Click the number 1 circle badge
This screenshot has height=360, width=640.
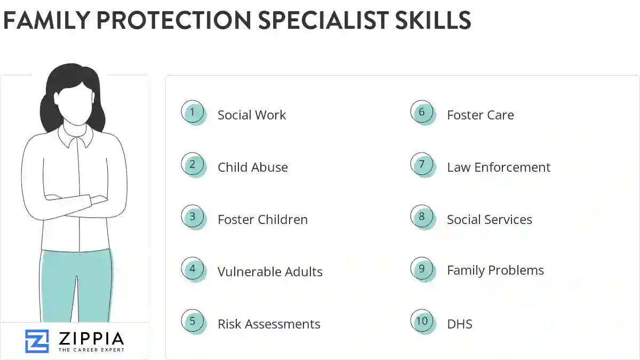click(193, 113)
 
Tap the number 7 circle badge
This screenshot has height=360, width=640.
click(422, 165)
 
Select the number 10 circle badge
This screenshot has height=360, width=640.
click(422, 322)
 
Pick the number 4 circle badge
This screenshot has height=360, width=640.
click(193, 269)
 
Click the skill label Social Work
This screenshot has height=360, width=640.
click(252, 115)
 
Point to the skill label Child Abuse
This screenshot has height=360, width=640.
click(253, 167)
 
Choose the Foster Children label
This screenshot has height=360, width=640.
click(262, 220)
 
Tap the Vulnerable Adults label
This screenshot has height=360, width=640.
click(270, 272)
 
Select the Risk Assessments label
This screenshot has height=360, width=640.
click(269, 324)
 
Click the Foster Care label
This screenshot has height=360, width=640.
click(481, 115)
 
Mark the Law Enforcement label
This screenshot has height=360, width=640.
click(499, 167)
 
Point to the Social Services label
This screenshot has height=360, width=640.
click(490, 220)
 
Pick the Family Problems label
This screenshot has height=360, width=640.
click(495, 270)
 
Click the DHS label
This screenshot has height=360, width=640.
click(460, 324)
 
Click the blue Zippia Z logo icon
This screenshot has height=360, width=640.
click(37, 341)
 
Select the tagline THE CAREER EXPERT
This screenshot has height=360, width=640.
click(91, 350)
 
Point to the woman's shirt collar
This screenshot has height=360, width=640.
click(76, 137)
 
